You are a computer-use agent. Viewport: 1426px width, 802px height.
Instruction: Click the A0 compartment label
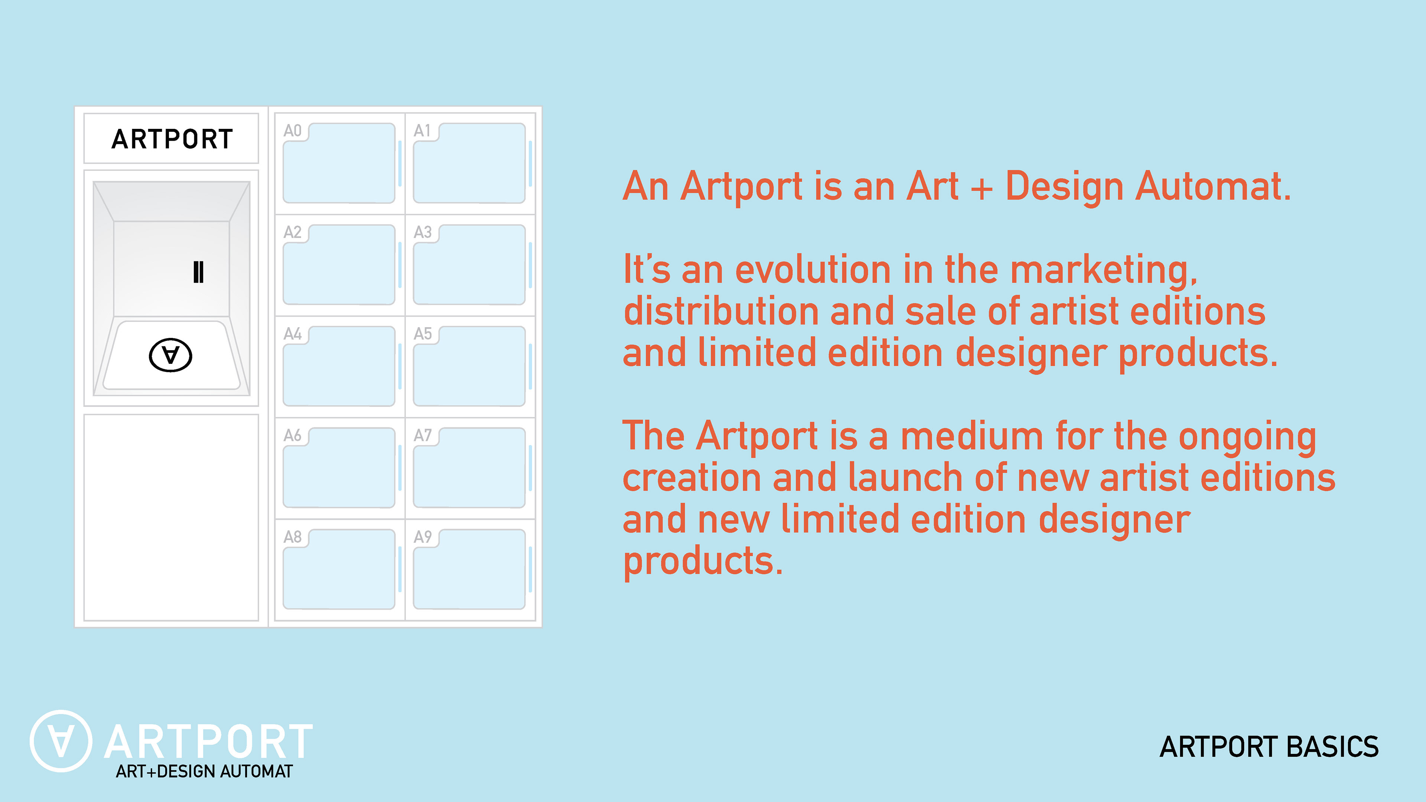[x=292, y=131]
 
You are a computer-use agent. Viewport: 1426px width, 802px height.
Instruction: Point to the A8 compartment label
[x=292, y=537]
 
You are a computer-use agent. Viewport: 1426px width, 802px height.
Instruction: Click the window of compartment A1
[x=469, y=163]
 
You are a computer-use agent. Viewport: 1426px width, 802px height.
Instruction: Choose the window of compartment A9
[x=469, y=569]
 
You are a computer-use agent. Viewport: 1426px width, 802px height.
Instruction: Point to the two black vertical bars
[x=198, y=272]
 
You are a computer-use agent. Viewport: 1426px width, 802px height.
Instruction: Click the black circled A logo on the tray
[x=170, y=355]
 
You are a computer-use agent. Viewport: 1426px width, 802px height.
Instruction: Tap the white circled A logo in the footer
[x=61, y=741]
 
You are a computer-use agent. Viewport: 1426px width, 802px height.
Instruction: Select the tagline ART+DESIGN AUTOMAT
[x=204, y=771]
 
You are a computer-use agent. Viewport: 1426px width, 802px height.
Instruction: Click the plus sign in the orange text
[x=981, y=188]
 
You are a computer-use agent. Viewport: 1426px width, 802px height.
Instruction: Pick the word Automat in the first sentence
[x=1213, y=186]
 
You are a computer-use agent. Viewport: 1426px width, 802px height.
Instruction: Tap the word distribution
[x=721, y=310]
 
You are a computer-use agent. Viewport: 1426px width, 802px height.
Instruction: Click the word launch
[x=905, y=477]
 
